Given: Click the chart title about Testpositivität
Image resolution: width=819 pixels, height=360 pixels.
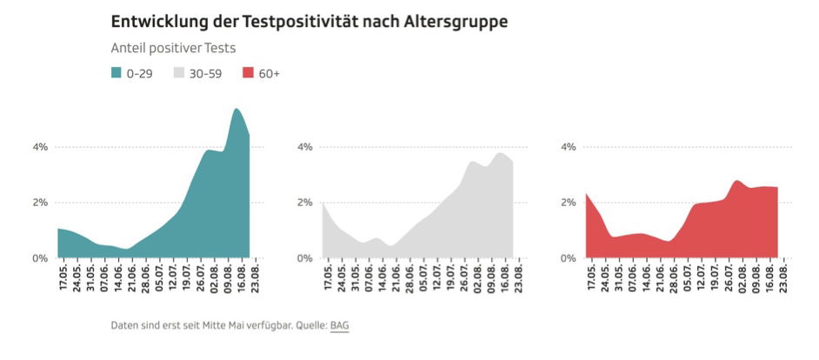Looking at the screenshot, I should (x=310, y=22).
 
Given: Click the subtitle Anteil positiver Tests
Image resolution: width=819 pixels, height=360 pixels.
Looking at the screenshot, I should (x=173, y=48).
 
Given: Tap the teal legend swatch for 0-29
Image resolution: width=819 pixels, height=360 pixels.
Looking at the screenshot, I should (x=117, y=73).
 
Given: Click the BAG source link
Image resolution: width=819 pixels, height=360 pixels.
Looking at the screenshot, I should (x=339, y=325).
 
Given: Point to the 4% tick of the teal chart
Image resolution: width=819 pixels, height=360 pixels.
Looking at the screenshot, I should (x=40, y=147).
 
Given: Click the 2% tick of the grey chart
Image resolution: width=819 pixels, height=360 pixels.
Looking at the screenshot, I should (x=304, y=203).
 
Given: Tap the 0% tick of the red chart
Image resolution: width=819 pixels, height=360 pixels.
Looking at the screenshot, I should (x=569, y=258).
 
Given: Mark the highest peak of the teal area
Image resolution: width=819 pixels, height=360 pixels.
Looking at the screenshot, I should (x=236, y=110).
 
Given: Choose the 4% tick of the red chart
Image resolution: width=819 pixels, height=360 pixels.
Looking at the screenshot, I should (x=569, y=147).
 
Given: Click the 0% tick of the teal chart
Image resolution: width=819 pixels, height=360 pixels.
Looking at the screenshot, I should (x=40, y=258).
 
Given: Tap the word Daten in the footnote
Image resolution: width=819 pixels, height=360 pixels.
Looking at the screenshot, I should (x=126, y=325).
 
